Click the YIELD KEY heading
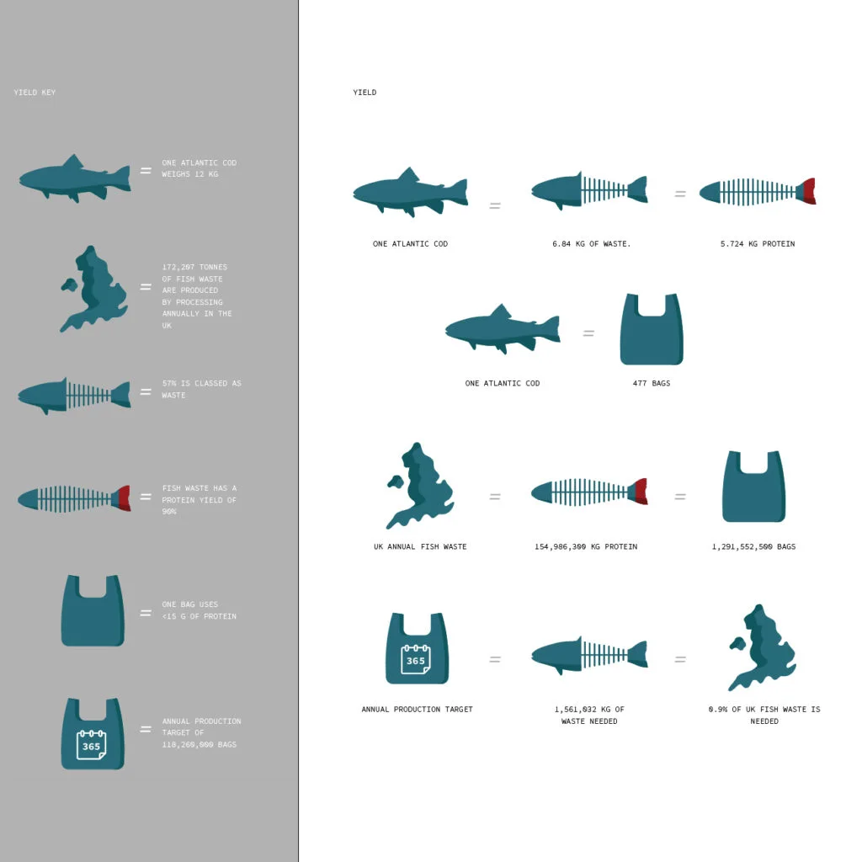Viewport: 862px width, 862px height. tap(35, 93)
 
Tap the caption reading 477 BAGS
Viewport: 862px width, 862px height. tap(652, 384)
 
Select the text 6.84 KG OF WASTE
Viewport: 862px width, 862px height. tap(591, 244)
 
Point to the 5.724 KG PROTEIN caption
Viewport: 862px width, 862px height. tap(758, 244)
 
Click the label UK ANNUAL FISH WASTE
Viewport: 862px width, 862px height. tap(420, 547)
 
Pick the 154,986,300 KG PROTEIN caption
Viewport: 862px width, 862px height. tap(586, 547)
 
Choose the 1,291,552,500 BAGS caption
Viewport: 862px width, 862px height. tap(753, 547)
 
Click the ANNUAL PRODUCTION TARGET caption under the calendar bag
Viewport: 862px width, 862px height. tap(418, 710)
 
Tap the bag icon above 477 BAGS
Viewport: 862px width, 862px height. tap(651, 330)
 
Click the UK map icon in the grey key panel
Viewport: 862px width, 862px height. tap(93, 289)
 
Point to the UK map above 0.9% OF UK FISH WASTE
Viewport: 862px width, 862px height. tap(762, 647)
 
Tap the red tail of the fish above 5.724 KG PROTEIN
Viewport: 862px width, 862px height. tap(810, 192)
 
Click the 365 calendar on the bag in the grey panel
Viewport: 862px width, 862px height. tap(91, 746)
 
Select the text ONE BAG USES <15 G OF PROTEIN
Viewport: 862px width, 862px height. tap(199, 611)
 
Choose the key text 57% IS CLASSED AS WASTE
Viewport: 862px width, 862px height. tap(201, 390)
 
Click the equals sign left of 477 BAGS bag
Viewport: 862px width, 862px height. tap(588, 333)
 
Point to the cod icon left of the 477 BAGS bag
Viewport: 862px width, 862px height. tap(503, 329)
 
